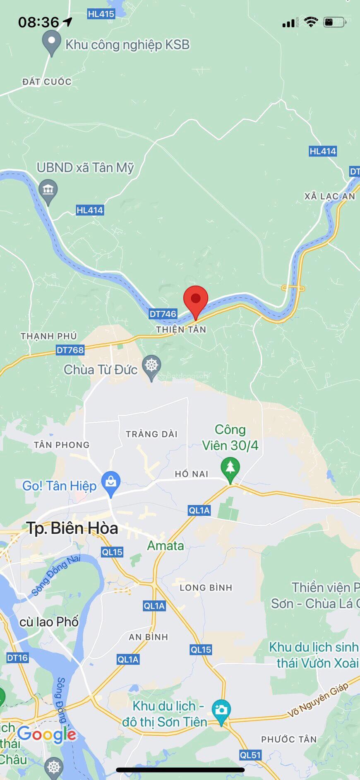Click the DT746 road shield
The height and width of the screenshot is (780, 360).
coord(163,314)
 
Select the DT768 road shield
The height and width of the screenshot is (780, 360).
coord(70,350)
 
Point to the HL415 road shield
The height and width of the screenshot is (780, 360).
coord(101,14)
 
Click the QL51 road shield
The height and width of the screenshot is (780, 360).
coord(250,755)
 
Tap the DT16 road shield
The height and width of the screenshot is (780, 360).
coord(17,657)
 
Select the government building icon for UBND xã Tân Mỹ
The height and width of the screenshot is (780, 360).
coord(48,190)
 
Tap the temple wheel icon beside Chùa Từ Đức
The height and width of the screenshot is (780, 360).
coord(152,366)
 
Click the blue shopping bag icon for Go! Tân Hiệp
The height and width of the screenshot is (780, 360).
coord(110,482)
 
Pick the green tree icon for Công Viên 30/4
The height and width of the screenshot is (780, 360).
coord(230,468)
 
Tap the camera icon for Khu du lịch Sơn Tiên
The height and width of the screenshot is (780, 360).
coord(221,710)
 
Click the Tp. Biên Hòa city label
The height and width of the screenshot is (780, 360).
coord(72,528)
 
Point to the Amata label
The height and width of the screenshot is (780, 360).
coord(166,546)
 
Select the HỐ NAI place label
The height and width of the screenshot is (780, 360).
coord(192,474)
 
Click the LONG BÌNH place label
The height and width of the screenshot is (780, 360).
coord(206,587)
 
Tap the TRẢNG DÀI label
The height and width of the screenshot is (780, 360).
coord(151,434)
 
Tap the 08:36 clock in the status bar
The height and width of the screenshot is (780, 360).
coord(39,22)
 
